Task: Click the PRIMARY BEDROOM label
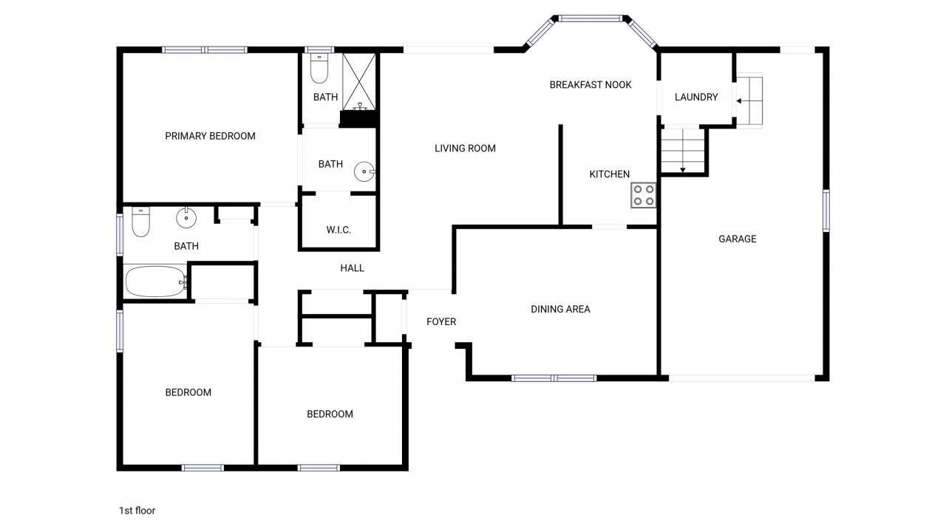(x=210, y=136)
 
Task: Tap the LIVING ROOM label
(x=465, y=149)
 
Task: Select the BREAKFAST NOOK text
(x=591, y=85)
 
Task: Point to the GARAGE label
(x=738, y=239)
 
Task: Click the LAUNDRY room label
(x=696, y=97)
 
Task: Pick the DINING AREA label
(x=560, y=310)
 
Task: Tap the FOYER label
(x=441, y=321)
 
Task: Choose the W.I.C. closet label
(x=338, y=230)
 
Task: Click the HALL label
(x=353, y=268)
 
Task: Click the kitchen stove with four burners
(x=643, y=194)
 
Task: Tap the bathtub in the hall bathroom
(x=155, y=282)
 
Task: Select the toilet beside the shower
(x=319, y=68)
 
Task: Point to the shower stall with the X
(x=358, y=81)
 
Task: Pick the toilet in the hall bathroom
(x=140, y=222)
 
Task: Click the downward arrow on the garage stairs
(x=683, y=170)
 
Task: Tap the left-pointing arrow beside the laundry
(x=740, y=100)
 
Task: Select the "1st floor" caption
(x=137, y=511)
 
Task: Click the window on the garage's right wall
(x=826, y=211)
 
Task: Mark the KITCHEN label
(x=610, y=174)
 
